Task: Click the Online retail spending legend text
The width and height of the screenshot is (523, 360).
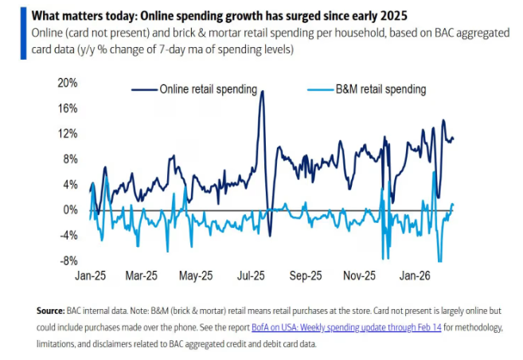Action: [x=209, y=90]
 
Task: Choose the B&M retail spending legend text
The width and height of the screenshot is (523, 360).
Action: [x=381, y=90]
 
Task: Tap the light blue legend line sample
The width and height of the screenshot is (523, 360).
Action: [x=319, y=90]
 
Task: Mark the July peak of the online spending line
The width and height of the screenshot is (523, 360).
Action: [x=261, y=92]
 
